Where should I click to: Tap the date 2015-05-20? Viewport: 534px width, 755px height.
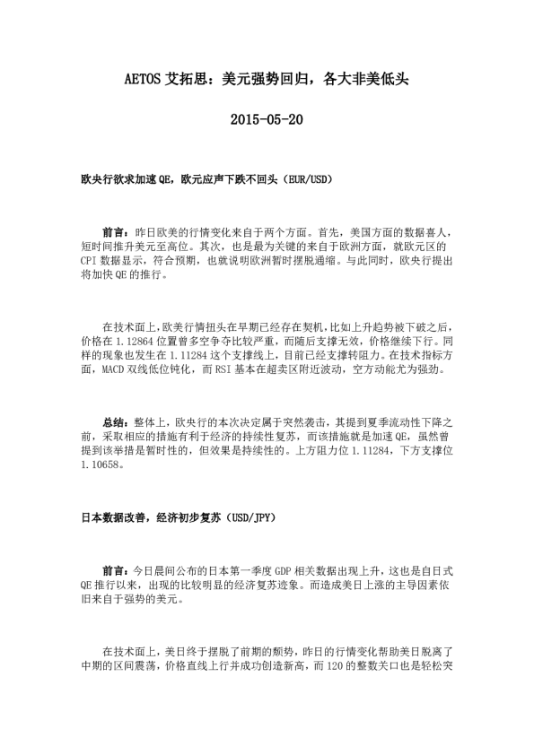[267, 119]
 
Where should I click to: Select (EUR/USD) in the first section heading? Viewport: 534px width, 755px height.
[308, 180]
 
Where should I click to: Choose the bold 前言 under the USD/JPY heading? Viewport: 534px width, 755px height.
[113, 569]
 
